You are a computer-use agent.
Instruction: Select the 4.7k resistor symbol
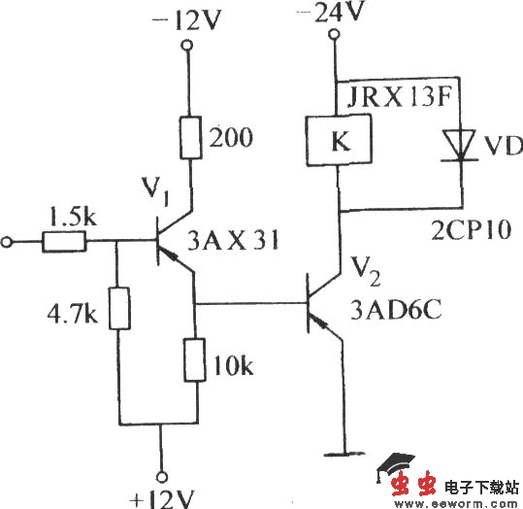pos(116,310)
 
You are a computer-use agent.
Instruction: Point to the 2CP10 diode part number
pos(463,234)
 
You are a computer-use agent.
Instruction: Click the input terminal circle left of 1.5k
pos(11,241)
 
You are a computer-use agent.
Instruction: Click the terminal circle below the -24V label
pos(334,36)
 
